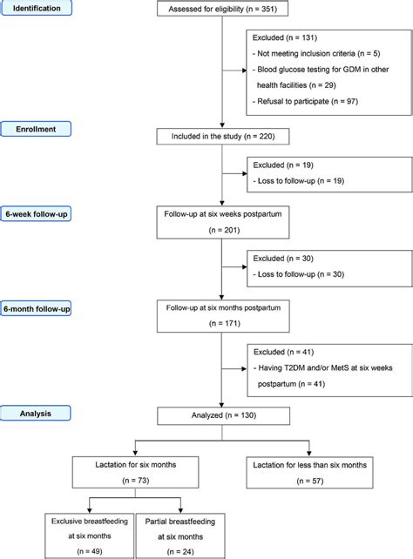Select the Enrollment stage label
(41, 128)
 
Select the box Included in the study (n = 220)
(224, 136)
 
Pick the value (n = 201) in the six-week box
(224, 232)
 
